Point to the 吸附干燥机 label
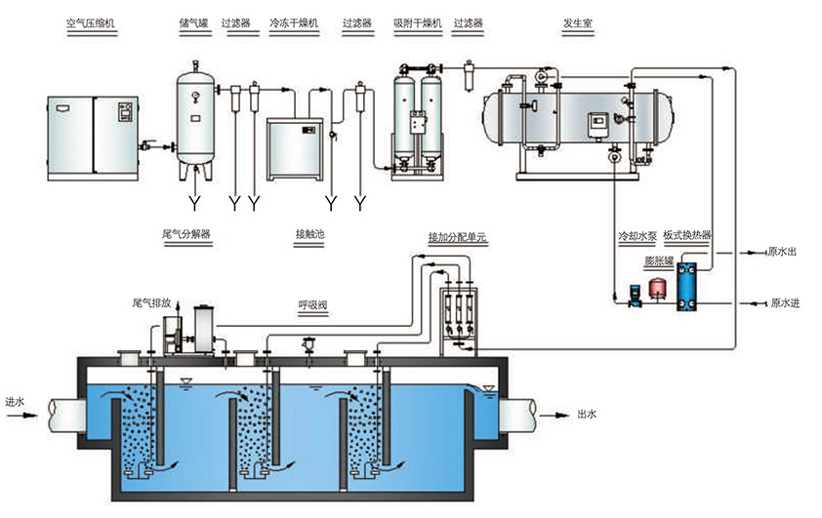(418, 22)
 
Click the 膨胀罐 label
(661, 260)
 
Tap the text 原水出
(783, 253)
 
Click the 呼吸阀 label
(312, 305)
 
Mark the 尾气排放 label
(151, 303)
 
